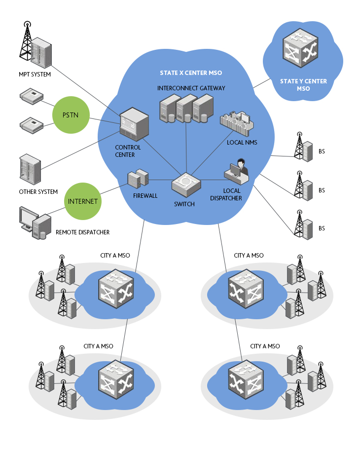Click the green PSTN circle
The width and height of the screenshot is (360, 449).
[x=71, y=115]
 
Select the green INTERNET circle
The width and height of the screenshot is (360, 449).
[x=83, y=201]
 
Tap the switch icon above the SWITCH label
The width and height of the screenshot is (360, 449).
[x=186, y=185]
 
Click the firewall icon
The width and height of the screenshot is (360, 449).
[x=138, y=179]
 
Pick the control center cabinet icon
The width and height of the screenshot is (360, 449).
[x=134, y=124]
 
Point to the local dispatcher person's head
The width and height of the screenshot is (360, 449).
[x=241, y=162]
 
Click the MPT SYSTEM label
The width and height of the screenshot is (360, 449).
[x=35, y=75]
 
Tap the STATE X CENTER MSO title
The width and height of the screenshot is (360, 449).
[x=191, y=73]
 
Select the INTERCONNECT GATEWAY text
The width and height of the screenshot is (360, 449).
[x=191, y=88]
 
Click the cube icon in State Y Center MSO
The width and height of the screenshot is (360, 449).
[x=300, y=48]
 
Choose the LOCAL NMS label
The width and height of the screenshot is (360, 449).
[x=242, y=142]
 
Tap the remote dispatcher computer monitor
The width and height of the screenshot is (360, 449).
[x=28, y=219]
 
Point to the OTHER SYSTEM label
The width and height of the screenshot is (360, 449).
[x=38, y=192]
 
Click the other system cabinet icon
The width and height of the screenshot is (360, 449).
[x=30, y=169]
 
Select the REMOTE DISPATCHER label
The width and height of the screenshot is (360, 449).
[x=83, y=232]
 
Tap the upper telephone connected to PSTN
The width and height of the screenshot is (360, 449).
[x=32, y=97]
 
